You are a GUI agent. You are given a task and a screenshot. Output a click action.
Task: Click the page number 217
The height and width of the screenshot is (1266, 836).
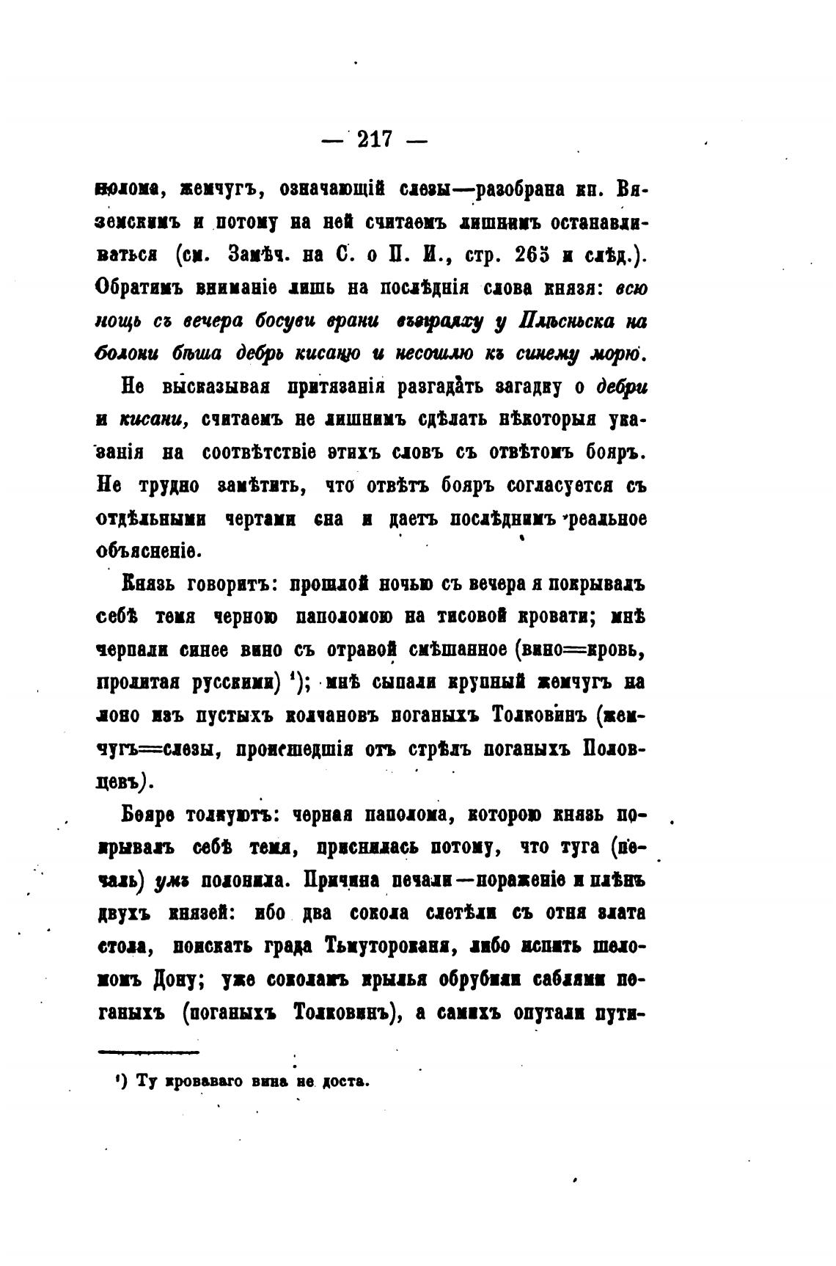375,139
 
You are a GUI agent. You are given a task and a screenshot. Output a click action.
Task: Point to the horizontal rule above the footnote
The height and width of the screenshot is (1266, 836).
147,1053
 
